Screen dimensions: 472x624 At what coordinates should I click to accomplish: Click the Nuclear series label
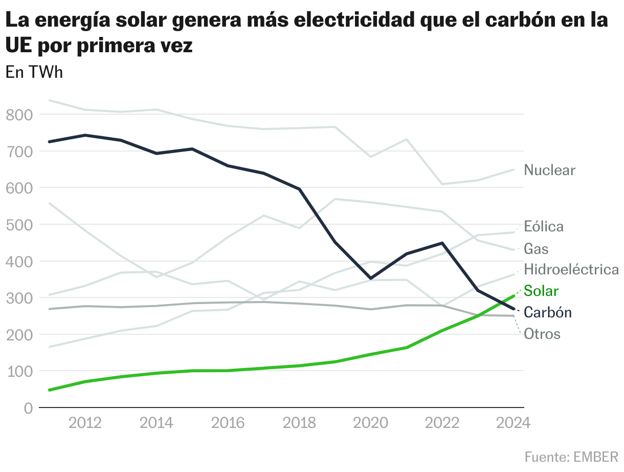pyautogui.click(x=549, y=170)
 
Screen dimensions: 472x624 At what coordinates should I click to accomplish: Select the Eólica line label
pyautogui.click(x=543, y=226)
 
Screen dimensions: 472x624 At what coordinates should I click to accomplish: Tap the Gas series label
pyautogui.click(x=536, y=249)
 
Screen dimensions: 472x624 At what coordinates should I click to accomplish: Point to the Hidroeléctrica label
pyautogui.click(x=571, y=269)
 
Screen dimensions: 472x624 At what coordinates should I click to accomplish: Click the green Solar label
pyautogui.click(x=541, y=291)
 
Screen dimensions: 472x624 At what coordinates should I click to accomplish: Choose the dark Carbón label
pyautogui.click(x=548, y=312)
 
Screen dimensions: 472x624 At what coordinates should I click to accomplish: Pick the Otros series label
pyautogui.click(x=542, y=334)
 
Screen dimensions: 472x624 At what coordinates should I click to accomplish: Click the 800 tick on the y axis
pyautogui.click(x=19, y=115)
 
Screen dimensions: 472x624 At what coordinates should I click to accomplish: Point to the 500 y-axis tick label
pyautogui.click(x=19, y=225)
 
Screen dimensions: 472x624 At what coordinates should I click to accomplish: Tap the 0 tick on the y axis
pyautogui.click(x=28, y=408)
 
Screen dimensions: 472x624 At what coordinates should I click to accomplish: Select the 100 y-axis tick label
pyautogui.click(x=19, y=371)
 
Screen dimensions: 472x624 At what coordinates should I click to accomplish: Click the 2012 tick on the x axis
pyautogui.click(x=85, y=423)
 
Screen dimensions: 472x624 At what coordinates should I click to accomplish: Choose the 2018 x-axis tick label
pyautogui.click(x=300, y=423)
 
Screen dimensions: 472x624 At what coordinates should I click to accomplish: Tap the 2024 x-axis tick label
pyautogui.click(x=514, y=423)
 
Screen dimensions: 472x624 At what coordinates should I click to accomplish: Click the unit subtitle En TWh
pyautogui.click(x=34, y=72)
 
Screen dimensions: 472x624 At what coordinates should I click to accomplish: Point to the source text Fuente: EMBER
pyautogui.click(x=571, y=456)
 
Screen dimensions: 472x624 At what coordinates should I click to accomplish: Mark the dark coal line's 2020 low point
pyautogui.click(x=370, y=278)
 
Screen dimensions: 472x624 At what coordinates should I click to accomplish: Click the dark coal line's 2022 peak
pyautogui.click(x=442, y=243)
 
